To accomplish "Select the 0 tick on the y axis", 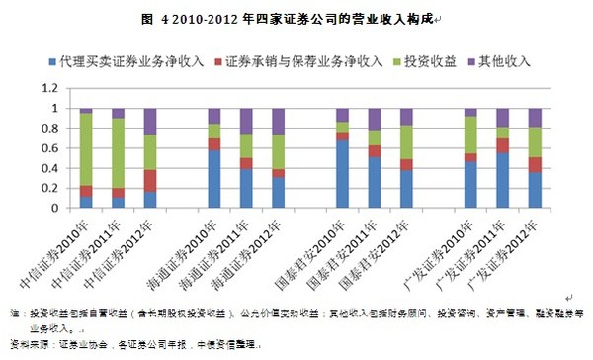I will pos(60,209).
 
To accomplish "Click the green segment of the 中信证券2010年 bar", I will pos(86,149).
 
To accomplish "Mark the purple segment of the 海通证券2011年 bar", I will pos(245,121).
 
